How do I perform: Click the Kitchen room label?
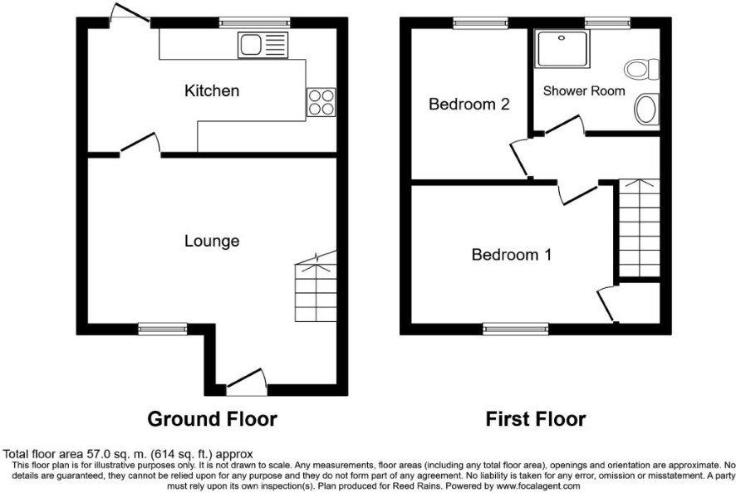coord(212,90)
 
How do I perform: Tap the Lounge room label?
coord(212,242)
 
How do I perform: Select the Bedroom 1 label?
coord(511,255)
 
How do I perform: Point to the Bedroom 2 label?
coord(469,104)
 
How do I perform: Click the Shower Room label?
coord(584,90)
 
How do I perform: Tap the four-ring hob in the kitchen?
coord(321,102)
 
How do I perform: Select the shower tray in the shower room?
coord(562,48)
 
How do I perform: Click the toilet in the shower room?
coord(641,70)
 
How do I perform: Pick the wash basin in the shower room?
coord(646,109)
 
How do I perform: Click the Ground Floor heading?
coord(212,418)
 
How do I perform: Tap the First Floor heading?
coord(536,418)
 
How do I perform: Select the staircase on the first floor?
coord(640,228)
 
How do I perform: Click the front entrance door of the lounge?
coord(247,381)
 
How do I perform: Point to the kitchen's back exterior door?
coord(130,12)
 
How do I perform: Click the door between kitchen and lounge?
coord(140,144)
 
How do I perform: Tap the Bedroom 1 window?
coord(516,329)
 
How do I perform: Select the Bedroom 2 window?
coord(481,23)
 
